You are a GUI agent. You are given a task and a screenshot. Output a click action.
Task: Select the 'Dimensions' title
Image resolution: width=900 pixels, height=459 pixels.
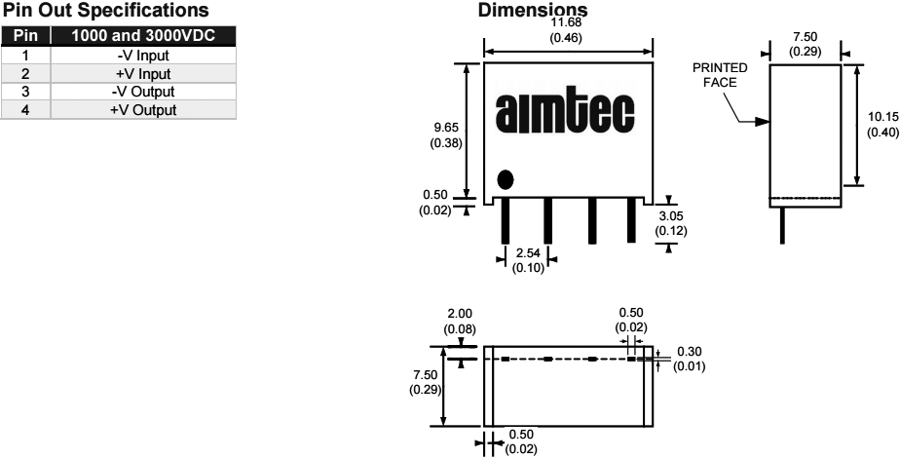[x=535, y=11]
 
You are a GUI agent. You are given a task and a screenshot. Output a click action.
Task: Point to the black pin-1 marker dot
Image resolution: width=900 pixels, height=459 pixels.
[x=506, y=179]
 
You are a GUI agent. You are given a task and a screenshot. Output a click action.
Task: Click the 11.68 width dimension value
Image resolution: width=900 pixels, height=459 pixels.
[x=568, y=22]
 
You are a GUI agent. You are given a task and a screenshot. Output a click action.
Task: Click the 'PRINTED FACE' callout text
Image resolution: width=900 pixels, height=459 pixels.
[x=720, y=75]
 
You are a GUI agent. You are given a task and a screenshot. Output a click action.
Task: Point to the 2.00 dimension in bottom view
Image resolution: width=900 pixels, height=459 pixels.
[x=460, y=315]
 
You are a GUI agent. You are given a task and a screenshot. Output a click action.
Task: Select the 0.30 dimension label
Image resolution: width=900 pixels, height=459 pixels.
[x=690, y=352]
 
